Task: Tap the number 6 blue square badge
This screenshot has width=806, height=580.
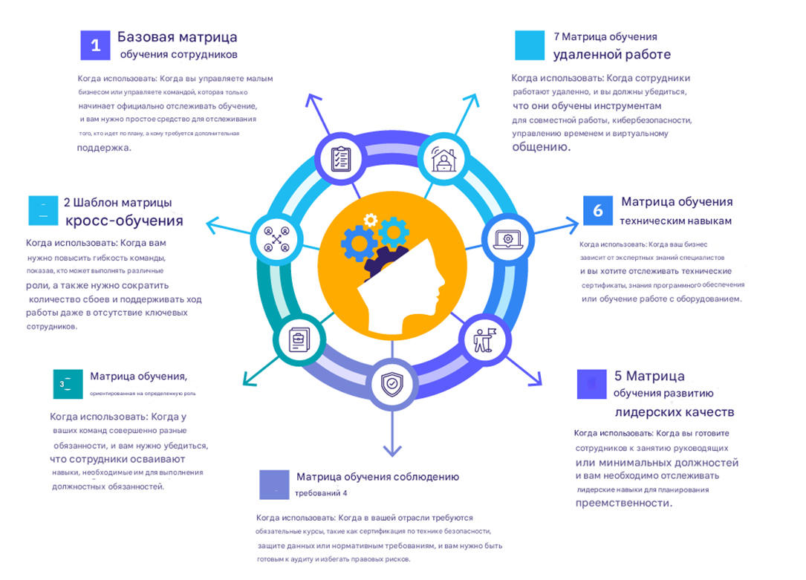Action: click(598, 211)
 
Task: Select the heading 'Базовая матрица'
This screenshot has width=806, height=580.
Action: click(178, 37)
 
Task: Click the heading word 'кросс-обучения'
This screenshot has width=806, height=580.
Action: click(124, 221)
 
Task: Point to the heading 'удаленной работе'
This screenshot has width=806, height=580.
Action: click(611, 54)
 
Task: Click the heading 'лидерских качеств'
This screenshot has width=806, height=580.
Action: click(675, 412)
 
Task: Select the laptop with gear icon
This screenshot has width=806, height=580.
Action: click(507, 239)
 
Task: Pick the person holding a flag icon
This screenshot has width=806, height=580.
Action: click(484, 339)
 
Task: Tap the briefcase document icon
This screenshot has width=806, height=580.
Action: click(297, 341)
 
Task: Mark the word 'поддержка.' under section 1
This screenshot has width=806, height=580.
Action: click(104, 148)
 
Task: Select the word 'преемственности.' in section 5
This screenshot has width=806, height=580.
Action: click(624, 503)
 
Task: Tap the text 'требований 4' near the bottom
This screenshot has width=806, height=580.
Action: click(321, 492)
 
